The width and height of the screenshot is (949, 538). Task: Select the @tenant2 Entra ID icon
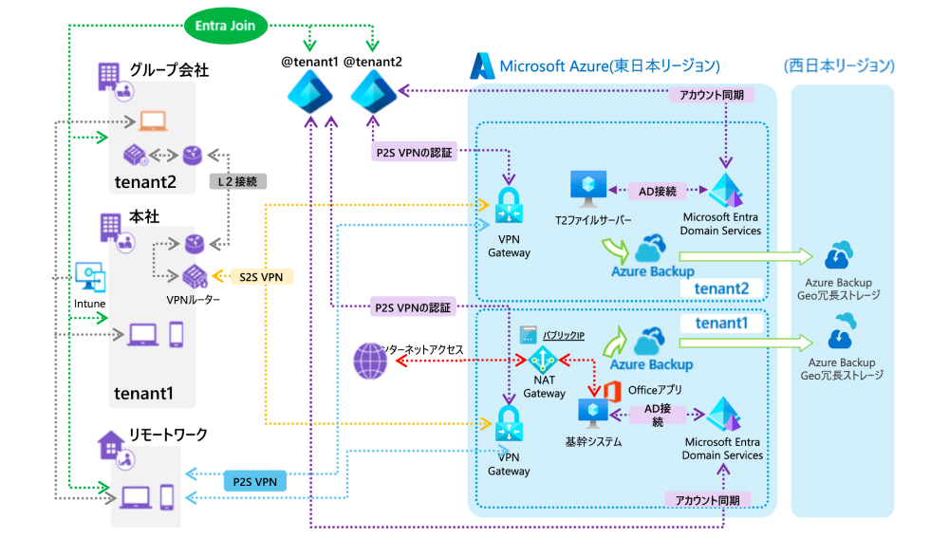point(372,93)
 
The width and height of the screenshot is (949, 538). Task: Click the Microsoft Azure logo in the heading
point(482,65)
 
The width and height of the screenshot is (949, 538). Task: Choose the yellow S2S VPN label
point(263,276)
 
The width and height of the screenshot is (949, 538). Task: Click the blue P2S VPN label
point(254,482)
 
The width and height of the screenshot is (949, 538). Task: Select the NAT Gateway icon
point(543,362)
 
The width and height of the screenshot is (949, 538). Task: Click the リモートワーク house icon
point(110,443)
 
